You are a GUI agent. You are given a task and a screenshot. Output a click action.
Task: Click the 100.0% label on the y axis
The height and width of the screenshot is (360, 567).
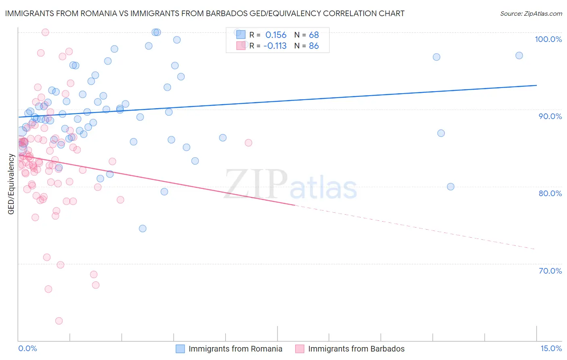click(x=548, y=39)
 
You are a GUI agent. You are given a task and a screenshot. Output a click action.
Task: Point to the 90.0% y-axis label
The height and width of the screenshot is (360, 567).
click(x=550, y=116)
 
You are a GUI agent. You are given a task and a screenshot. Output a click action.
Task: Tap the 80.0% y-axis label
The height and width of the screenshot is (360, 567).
click(x=550, y=193)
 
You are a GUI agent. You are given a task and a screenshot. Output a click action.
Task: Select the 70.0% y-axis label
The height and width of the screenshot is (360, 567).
click(x=550, y=271)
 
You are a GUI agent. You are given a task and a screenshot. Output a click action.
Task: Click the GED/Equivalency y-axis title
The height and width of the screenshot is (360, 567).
click(x=11, y=184)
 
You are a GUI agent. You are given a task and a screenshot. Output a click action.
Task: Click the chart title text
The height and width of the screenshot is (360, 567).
click(x=204, y=14)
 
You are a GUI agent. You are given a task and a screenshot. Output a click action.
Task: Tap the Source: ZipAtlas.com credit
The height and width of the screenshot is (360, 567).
click(x=531, y=14)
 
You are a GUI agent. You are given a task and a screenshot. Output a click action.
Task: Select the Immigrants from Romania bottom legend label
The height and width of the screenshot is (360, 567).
click(x=235, y=349)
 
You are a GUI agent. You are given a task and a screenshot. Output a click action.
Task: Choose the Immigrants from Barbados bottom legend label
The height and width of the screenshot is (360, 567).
click(x=356, y=349)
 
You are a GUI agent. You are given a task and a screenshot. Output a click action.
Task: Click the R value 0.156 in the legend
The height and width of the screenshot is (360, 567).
click(x=276, y=35)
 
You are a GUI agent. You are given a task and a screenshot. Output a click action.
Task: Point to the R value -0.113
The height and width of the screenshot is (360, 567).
click(x=275, y=46)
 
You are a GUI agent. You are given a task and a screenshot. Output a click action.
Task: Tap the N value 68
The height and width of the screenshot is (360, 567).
click(x=314, y=35)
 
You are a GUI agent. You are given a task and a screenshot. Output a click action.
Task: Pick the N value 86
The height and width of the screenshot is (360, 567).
click(x=314, y=46)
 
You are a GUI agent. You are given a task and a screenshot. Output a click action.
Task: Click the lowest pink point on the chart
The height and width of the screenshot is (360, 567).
click(x=59, y=321)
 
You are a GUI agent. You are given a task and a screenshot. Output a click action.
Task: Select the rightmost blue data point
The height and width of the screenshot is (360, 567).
click(x=519, y=56)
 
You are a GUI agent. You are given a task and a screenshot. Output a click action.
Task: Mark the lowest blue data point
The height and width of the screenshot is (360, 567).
click(x=142, y=228)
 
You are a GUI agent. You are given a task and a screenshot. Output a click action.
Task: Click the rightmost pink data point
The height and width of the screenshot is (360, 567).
click(x=248, y=143)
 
